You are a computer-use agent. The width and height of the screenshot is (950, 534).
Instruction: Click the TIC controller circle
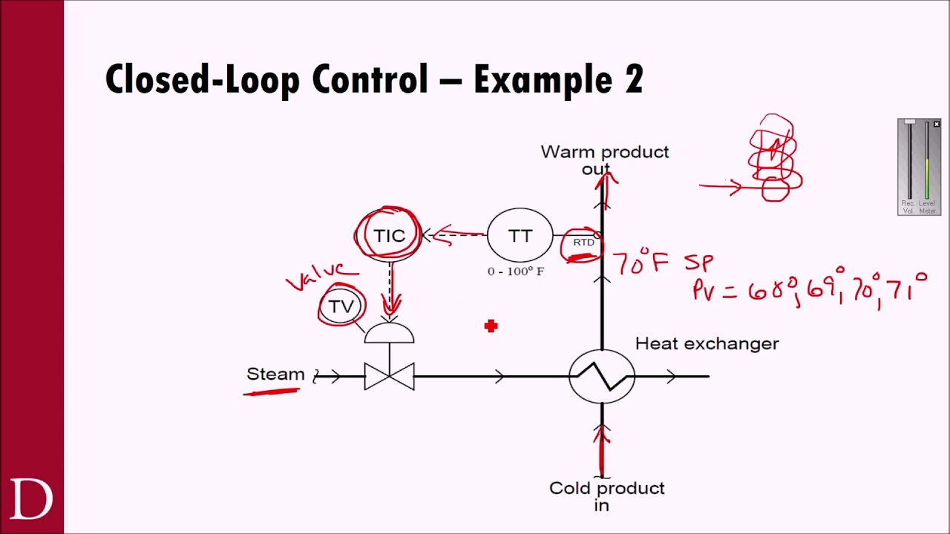click(389, 236)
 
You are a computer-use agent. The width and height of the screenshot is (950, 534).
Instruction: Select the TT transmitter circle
click(520, 236)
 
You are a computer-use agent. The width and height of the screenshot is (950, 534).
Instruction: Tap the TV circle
click(341, 306)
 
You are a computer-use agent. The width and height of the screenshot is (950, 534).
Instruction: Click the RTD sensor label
click(583, 243)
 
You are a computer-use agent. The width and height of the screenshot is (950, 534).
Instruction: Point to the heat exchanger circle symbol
click(602, 377)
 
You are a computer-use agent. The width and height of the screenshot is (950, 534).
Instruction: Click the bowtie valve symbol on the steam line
click(389, 377)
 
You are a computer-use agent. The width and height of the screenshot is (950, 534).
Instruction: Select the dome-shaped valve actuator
click(389, 334)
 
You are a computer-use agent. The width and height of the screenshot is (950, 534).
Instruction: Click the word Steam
click(275, 374)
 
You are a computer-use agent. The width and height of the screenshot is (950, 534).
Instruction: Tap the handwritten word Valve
click(315, 277)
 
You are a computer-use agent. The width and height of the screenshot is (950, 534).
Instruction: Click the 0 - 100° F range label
click(516, 271)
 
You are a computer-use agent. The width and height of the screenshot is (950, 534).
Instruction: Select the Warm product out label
click(604, 159)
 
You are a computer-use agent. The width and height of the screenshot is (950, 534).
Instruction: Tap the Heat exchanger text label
click(707, 343)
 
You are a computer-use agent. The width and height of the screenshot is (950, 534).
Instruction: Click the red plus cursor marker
click(491, 326)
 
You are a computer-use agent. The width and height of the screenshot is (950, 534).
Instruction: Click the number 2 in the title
click(633, 79)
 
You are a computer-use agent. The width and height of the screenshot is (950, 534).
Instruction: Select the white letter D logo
click(31, 499)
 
